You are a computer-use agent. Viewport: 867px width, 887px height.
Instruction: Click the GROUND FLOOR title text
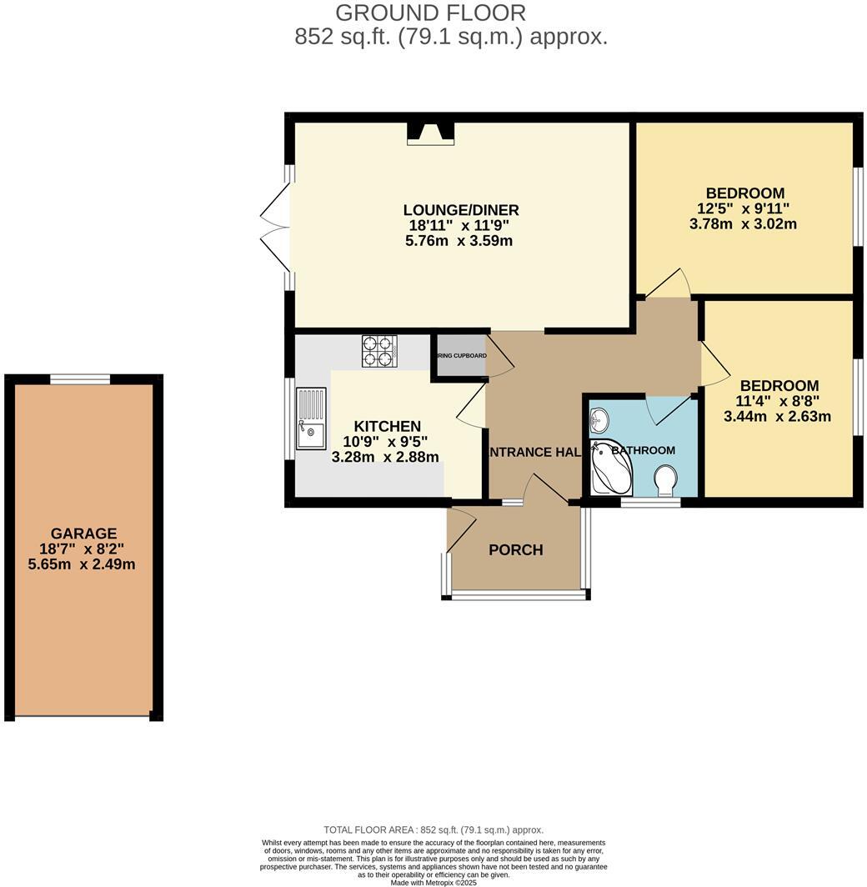click(x=430, y=13)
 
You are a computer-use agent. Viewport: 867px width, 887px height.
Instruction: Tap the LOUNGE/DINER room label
click(x=461, y=210)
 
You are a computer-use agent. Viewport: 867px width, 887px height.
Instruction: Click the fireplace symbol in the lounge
click(x=430, y=133)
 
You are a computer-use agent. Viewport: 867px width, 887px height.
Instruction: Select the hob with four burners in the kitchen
click(x=378, y=351)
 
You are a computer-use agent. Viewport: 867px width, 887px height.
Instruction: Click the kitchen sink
click(x=311, y=420)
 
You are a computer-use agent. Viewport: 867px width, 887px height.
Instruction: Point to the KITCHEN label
click(x=387, y=426)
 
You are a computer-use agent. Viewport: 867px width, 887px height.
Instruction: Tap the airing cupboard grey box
click(x=459, y=357)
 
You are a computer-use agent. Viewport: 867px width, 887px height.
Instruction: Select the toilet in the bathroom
click(x=665, y=480)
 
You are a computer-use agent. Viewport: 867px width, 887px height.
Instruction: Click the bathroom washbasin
click(x=599, y=421)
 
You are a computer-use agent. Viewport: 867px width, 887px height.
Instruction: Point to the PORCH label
click(x=515, y=550)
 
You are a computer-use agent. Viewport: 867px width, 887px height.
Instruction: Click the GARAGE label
click(x=83, y=534)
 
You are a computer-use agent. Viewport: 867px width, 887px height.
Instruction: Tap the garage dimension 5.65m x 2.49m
click(x=82, y=564)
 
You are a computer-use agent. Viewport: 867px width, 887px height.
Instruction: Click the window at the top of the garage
click(x=80, y=379)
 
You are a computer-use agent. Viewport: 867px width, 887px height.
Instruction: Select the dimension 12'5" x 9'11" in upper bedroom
click(x=743, y=209)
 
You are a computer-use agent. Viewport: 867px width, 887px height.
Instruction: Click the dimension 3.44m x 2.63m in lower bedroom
click(x=778, y=417)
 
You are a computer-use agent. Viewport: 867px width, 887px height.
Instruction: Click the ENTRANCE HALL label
click(x=534, y=452)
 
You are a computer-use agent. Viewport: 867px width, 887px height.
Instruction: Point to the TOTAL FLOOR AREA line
click(x=433, y=830)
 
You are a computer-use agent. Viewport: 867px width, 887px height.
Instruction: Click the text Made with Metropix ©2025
click(x=433, y=882)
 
